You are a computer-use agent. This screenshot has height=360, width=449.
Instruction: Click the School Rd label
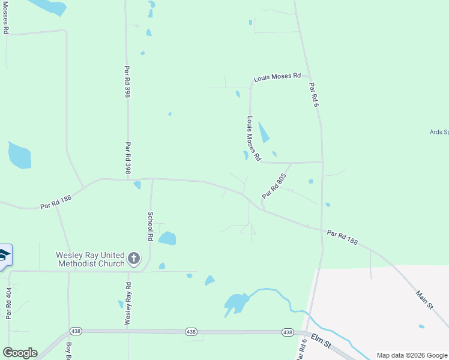click(151, 226)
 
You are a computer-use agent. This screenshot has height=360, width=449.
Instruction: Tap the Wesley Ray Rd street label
click(128, 304)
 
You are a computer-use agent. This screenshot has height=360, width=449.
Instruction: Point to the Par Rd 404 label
click(8, 303)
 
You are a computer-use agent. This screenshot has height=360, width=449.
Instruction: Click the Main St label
click(425, 300)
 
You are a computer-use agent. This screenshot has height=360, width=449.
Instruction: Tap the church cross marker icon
click(134, 259)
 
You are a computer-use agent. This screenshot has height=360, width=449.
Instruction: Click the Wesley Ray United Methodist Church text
click(90, 259)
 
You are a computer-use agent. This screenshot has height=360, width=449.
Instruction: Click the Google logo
click(20, 353)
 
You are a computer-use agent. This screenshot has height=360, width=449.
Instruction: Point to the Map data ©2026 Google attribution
click(411, 355)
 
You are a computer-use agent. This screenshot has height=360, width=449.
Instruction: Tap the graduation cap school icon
click(4, 256)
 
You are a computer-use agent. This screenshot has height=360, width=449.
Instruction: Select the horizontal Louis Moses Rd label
click(277, 77)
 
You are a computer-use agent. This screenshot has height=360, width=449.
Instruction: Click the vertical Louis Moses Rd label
click(254, 139)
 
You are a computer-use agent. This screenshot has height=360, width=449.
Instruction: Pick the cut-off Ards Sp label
click(439, 132)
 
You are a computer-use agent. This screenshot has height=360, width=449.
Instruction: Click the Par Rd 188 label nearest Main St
click(343, 237)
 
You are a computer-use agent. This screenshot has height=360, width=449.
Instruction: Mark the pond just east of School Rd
click(167, 238)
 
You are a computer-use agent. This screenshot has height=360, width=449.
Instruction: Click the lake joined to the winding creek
click(237, 303)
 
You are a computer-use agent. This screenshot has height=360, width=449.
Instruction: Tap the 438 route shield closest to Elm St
click(288, 332)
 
